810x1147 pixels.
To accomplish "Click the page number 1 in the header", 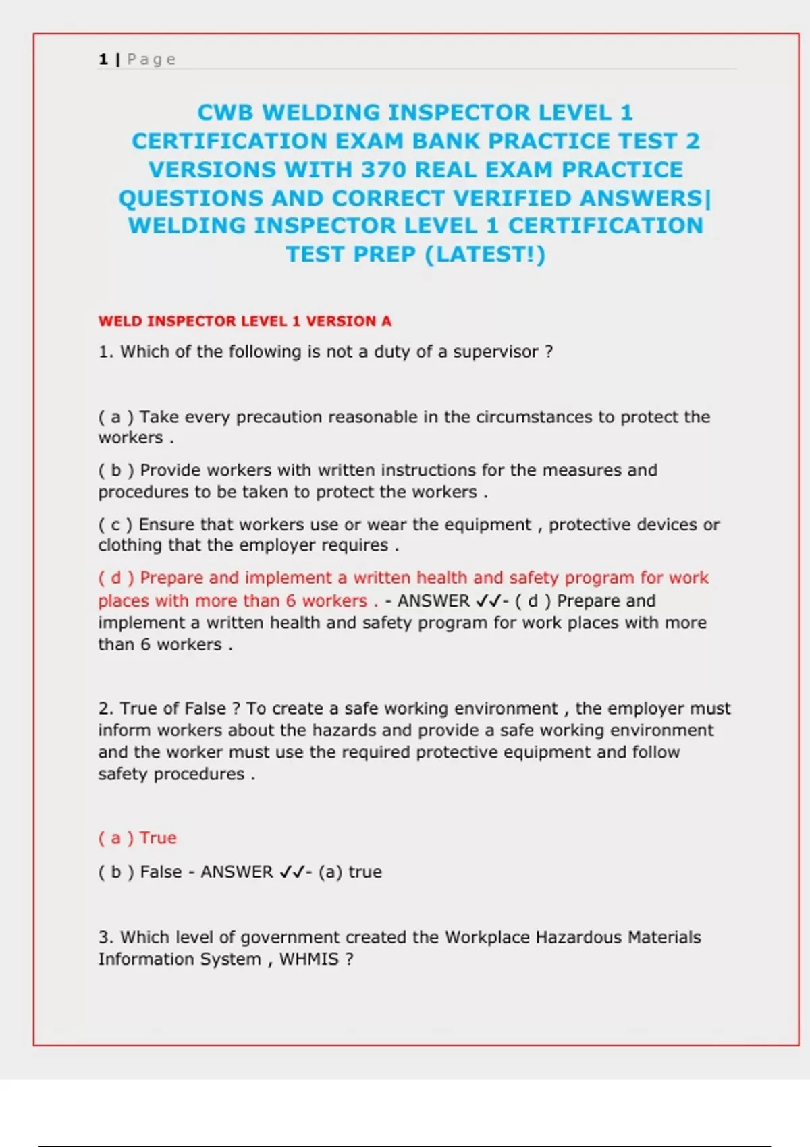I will pyautogui.click(x=103, y=59).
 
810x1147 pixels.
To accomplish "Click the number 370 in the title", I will pyautogui.click(x=383, y=169).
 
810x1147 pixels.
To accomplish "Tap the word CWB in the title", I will pyautogui.click(x=225, y=112).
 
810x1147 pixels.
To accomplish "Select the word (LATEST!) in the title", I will pyautogui.click(x=485, y=254).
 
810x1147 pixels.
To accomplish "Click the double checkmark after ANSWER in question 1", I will pyautogui.click(x=489, y=600).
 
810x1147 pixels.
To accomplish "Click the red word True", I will pyautogui.click(x=158, y=838).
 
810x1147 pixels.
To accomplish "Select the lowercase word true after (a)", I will pyautogui.click(x=364, y=872).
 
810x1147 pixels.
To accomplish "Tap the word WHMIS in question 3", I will pyautogui.click(x=308, y=959).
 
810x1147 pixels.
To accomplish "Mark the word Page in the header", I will pyautogui.click(x=151, y=59).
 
